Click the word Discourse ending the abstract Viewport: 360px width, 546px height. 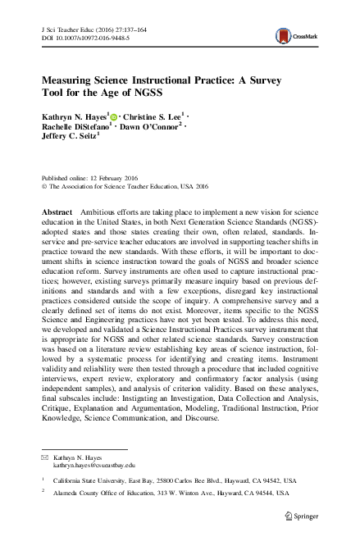pyautogui.click(x=202, y=417)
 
